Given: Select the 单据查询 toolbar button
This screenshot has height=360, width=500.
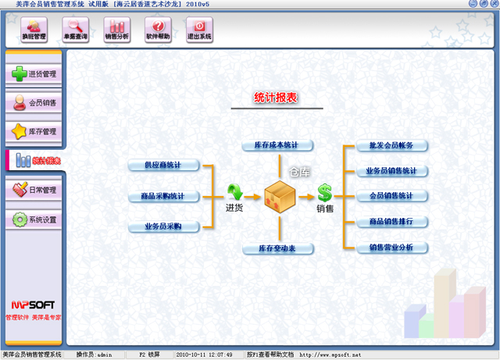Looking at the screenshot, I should (x=75, y=30).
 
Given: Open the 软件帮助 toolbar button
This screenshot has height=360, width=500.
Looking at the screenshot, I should (x=158, y=30).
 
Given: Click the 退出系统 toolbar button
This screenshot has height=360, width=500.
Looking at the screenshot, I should (x=199, y=30).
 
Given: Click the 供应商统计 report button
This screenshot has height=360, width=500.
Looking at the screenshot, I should (x=163, y=166).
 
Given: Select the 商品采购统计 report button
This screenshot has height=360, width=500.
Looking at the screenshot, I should (x=163, y=196).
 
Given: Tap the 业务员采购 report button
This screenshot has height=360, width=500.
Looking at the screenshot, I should (x=163, y=226).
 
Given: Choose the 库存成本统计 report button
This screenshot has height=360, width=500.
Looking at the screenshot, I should (x=276, y=145).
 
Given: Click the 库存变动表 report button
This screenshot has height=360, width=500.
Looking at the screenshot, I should (x=276, y=248).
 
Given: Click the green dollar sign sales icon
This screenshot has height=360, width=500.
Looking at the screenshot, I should (x=324, y=193).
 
